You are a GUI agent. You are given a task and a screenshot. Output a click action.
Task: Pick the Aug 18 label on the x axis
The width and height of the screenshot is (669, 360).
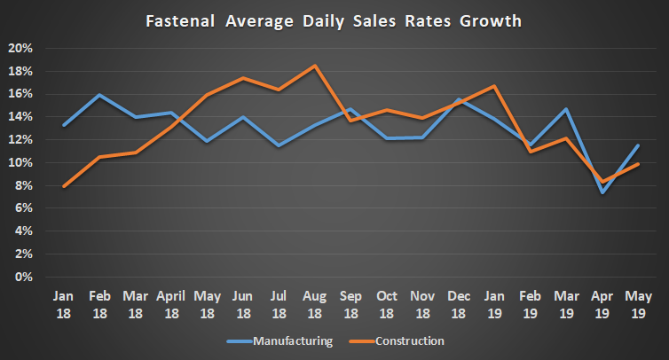[315, 303]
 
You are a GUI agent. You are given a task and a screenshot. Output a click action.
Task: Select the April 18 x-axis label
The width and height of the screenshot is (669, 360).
[170, 303]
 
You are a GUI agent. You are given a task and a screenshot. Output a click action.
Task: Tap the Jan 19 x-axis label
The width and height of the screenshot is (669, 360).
[493, 303]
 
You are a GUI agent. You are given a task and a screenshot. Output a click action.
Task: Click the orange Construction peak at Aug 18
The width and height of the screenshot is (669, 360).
[315, 66]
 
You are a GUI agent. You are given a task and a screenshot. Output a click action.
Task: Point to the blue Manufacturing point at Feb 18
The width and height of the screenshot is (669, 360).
[99, 95]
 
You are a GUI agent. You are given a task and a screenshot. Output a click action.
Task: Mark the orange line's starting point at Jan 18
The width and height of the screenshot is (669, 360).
[64, 186]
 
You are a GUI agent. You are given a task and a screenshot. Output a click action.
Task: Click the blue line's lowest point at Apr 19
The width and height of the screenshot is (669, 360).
[602, 192]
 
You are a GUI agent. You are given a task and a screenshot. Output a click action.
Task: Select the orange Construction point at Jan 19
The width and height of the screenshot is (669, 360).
[493, 86]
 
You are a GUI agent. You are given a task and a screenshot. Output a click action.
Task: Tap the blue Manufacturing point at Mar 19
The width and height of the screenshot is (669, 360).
[565, 109]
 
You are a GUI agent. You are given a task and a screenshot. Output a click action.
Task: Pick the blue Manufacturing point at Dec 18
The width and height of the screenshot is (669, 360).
[458, 99]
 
